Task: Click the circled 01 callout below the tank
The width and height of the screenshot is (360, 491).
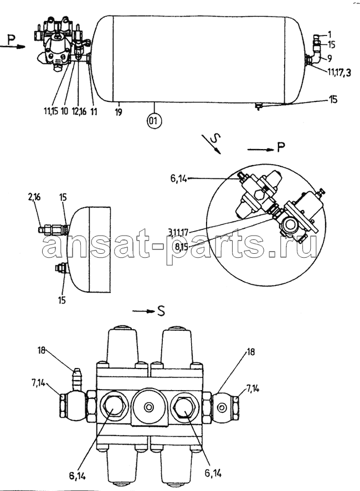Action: tap(154, 120)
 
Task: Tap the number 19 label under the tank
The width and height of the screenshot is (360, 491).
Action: tap(118, 112)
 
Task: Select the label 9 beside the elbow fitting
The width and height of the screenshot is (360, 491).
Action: tap(330, 58)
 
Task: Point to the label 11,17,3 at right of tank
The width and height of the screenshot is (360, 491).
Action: tap(339, 73)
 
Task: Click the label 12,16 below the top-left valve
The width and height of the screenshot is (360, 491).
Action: tap(78, 111)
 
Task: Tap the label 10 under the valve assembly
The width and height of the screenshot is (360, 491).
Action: tap(64, 111)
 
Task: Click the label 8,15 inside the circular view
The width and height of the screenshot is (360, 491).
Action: tap(182, 247)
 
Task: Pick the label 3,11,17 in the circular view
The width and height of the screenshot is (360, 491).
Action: tap(177, 232)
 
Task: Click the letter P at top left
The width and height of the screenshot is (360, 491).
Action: tap(11, 40)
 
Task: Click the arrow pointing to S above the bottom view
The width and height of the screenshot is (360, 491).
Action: tap(143, 311)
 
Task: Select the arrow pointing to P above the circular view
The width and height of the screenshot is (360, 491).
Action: tap(261, 150)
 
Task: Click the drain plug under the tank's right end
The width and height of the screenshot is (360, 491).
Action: tap(258, 106)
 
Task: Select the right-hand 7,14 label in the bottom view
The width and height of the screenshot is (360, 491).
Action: tap(253, 388)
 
